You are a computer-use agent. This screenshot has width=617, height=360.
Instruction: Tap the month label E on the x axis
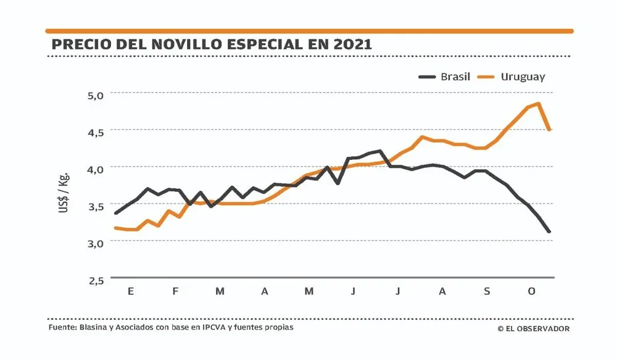tap(131, 291)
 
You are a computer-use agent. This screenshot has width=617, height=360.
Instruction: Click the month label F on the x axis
tap(176, 291)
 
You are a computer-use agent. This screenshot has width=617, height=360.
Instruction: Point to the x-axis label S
tap(487, 291)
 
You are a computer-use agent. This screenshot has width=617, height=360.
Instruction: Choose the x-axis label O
tap(531, 291)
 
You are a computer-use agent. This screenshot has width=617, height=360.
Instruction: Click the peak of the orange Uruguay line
tap(539, 104)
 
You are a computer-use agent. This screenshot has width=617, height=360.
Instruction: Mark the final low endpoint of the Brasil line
tap(549, 232)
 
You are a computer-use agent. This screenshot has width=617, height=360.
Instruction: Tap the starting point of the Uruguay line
tap(116, 228)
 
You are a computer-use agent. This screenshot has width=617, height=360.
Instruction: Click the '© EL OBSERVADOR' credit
tap(534, 329)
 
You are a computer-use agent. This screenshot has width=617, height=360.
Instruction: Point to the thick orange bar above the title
tap(308, 30)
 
